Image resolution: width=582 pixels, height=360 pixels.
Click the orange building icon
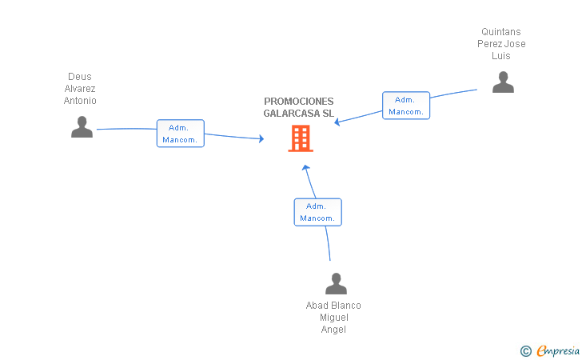(301, 138)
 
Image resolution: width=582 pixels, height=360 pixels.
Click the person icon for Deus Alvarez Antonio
(82, 126)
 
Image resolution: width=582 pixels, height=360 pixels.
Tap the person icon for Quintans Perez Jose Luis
(503, 82)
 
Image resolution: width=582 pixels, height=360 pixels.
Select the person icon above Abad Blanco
(336, 283)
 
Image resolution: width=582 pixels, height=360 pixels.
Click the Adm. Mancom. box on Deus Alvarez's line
(181, 134)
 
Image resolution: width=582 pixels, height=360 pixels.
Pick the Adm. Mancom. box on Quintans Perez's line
(406, 106)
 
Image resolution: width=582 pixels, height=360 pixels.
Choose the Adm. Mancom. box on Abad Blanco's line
(317, 212)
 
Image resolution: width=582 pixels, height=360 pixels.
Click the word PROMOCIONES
(299, 102)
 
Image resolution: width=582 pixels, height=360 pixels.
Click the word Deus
(80, 77)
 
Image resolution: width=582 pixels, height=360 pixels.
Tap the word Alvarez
(80, 89)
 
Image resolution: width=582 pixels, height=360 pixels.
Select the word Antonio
(80, 101)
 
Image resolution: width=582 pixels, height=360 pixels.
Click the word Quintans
(501, 31)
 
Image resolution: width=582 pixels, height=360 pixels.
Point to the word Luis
(501, 56)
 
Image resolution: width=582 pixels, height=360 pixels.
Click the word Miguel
(334, 318)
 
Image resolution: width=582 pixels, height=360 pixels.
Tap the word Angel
(333, 330)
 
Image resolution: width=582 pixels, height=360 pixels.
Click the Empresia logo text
(558, 350)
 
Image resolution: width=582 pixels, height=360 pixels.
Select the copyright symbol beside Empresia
(526, 351)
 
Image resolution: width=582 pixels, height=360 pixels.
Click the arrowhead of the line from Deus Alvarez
(261, 138)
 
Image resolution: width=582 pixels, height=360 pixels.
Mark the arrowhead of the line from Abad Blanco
(305, 167)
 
